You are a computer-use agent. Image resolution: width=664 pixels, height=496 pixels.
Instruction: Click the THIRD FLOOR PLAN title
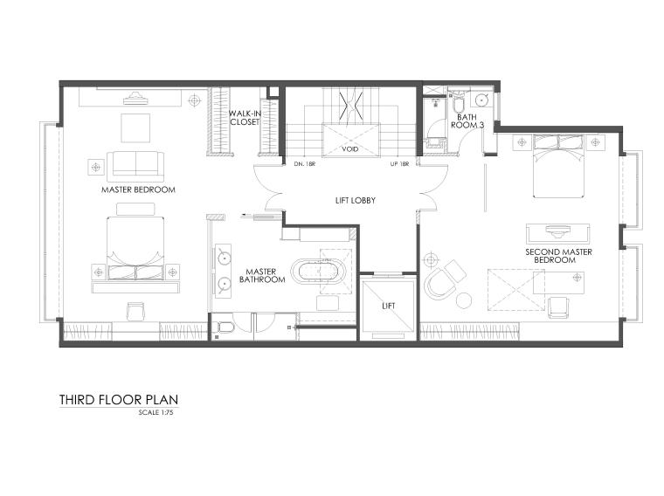(119, 400)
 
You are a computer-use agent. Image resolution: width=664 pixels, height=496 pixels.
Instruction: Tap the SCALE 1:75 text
(156, 412)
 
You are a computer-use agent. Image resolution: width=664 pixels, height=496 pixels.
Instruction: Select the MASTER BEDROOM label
(138, 189)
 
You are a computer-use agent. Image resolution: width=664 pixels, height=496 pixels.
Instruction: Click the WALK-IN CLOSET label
(245, 118)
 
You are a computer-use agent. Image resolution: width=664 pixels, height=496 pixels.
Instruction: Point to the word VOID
(350, 149)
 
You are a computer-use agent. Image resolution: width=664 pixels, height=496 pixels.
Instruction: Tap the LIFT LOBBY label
(356, 200)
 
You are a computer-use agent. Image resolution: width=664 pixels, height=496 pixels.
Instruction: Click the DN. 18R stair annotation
(305, 164)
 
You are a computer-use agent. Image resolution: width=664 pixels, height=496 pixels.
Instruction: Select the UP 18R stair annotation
(400, 164)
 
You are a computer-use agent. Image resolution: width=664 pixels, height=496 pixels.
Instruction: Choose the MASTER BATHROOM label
(262, 276)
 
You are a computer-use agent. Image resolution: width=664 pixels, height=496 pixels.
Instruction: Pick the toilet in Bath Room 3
(459, 100)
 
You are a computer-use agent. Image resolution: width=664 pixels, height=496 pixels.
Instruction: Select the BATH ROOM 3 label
(467, 121)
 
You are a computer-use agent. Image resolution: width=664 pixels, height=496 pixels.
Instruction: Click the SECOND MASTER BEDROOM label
(558, 256)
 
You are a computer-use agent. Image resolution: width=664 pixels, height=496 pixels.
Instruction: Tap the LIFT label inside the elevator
(388, 306)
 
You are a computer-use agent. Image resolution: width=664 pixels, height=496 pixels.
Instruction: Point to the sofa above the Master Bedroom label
(135, 165)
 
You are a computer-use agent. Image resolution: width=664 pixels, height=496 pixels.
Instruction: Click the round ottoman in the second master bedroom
(464, 300)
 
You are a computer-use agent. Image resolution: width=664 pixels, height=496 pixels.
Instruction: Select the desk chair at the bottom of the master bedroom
(135, 311)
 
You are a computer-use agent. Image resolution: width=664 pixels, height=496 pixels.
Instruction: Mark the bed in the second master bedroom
(558, 166)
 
